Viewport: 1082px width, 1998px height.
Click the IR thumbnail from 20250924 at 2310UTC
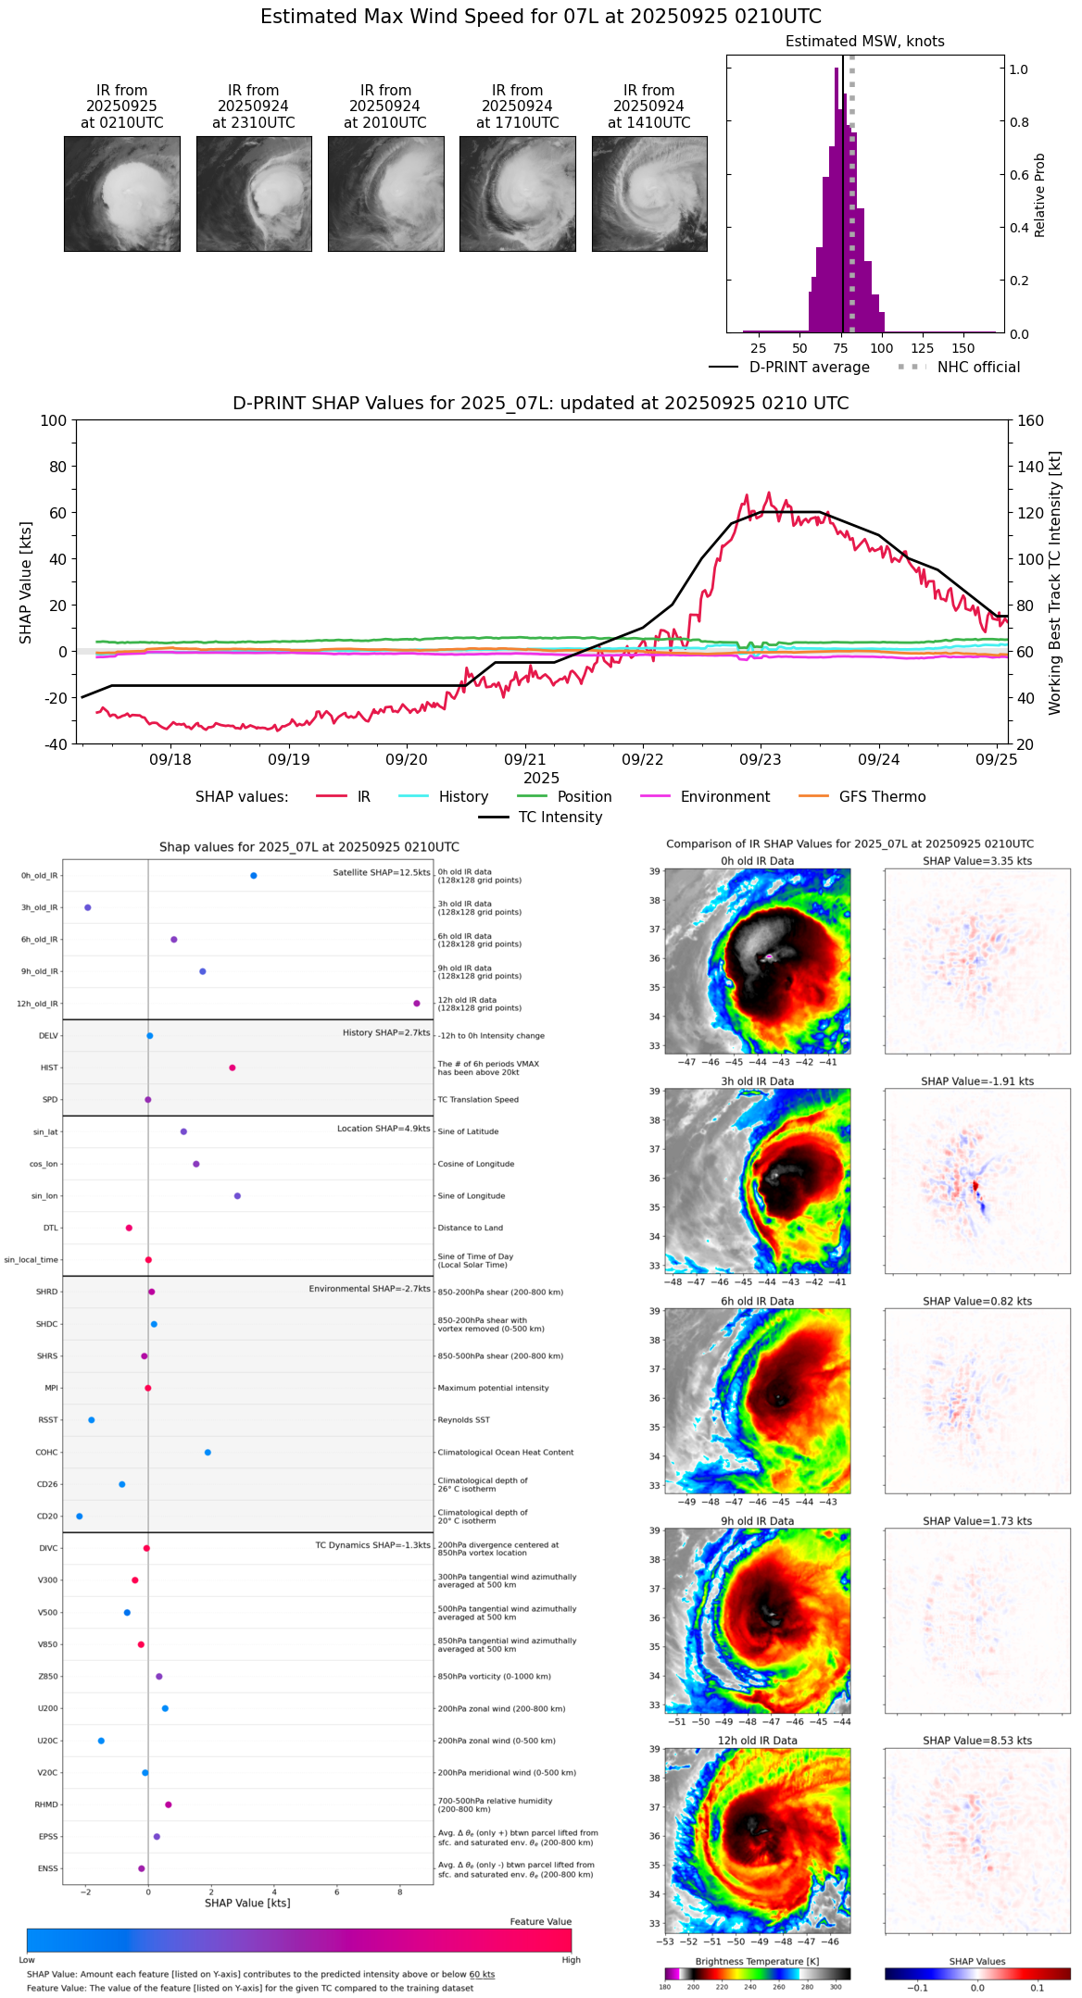[254, 194]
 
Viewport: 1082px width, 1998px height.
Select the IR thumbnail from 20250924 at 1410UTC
[649, 194]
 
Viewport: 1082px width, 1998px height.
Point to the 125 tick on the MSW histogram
[922, 348]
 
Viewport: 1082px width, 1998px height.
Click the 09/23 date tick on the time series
[761, 759]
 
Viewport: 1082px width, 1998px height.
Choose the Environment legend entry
[724, 797]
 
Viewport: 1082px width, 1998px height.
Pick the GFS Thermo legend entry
[882, 797]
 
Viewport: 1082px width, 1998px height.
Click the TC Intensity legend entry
[560, 818]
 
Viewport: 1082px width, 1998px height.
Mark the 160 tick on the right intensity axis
[1031, 420]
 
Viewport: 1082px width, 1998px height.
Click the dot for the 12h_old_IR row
[417, 1004]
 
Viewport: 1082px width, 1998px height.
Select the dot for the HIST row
[233, 1068]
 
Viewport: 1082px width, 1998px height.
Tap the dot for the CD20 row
[80, 1516]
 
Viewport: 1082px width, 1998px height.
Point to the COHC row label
[46, 1452]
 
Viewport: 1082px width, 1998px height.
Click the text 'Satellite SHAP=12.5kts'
[382, 872]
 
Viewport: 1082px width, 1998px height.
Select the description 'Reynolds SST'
[463, 1419]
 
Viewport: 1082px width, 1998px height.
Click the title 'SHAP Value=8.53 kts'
[977, 1741]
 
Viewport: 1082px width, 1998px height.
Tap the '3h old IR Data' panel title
[757, 1081]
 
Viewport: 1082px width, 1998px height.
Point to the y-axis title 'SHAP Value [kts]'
[26, 582]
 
